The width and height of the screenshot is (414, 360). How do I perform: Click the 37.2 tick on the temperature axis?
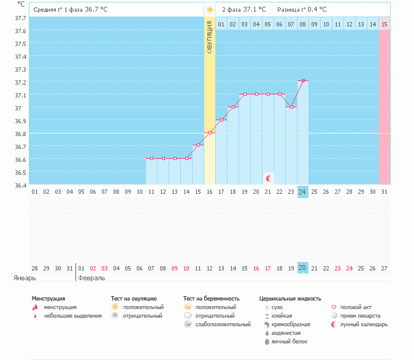20,82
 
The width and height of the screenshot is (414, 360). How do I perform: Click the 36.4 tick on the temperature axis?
20,185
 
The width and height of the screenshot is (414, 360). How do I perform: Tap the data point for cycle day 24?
302,81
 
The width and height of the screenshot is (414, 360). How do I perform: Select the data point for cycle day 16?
210,132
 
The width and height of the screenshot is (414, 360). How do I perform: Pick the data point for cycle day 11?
151,158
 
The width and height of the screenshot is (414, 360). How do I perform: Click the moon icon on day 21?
269,178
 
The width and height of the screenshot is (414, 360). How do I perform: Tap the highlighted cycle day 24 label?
302,192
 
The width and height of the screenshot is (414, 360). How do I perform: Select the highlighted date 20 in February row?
302,268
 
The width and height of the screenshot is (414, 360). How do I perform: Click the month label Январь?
25,278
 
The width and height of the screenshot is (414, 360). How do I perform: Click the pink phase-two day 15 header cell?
385,24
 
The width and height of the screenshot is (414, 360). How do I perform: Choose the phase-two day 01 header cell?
221,24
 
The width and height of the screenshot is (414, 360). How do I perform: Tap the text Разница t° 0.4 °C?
302,10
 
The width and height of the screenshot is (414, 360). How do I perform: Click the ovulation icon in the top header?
210,10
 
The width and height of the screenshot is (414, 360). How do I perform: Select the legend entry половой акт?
355,307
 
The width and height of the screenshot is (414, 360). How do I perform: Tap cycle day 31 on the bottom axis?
385,192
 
